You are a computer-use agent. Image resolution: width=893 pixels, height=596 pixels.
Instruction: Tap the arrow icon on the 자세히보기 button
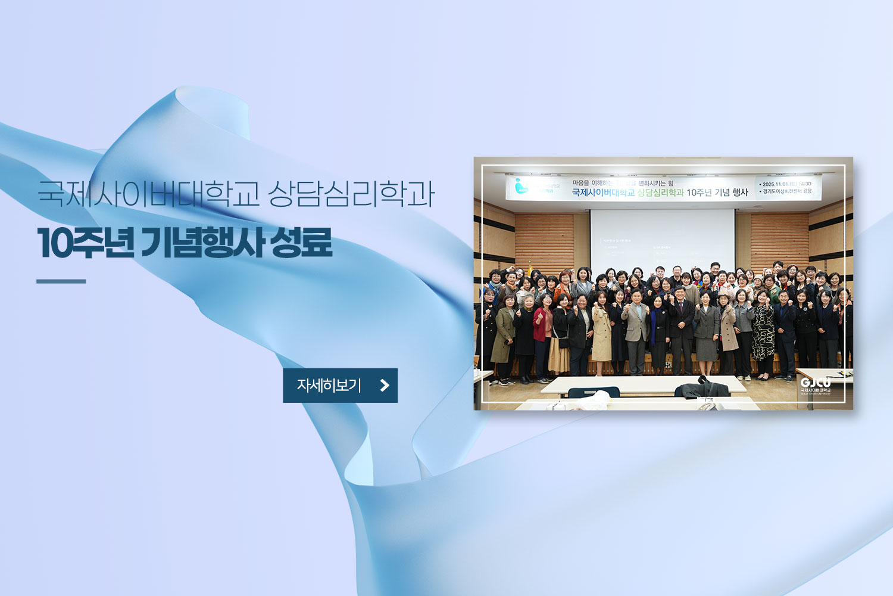click(385, 386)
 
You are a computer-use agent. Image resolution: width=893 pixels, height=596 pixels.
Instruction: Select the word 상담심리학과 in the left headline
click(351, 193)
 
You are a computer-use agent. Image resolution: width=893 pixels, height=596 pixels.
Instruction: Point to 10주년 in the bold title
click(85, 243)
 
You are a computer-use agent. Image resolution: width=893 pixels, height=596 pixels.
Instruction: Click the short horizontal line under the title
click(61, 281)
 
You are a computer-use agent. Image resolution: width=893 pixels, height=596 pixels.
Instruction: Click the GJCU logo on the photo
click(816, 384)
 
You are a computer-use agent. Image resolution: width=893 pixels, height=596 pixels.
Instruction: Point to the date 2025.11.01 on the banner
click(776, 184)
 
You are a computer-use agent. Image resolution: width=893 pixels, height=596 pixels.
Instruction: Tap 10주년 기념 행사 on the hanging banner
click(717, 193)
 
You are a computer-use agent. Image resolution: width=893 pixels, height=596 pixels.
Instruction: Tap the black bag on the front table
click(702, 389)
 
